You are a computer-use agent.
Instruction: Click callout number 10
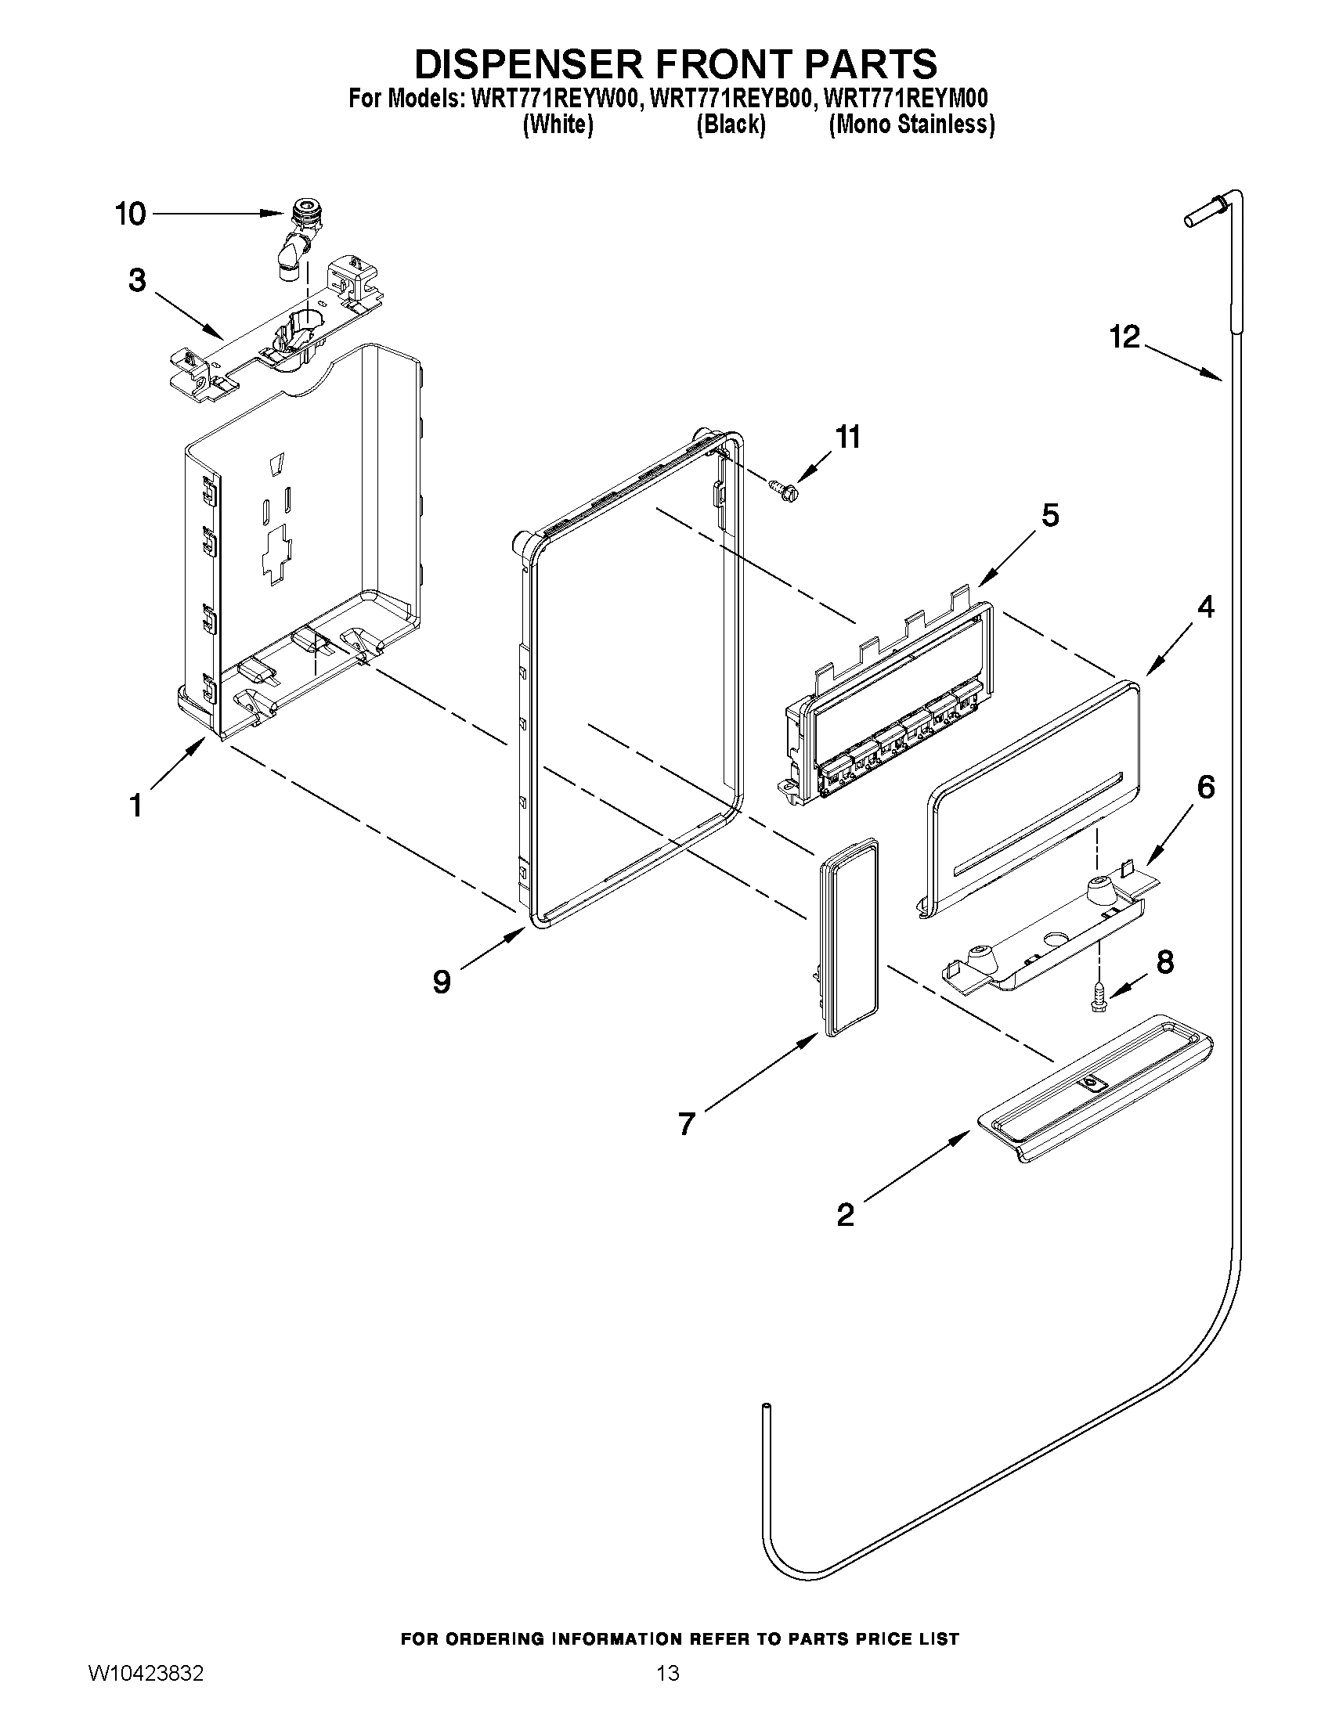(131, 214)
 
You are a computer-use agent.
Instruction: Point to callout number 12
(1124, 337)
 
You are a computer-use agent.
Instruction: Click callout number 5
(1050, 515)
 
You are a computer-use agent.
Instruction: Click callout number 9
(442, 982)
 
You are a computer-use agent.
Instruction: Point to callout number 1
(135, 806)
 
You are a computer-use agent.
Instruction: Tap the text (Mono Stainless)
(911, 124)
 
